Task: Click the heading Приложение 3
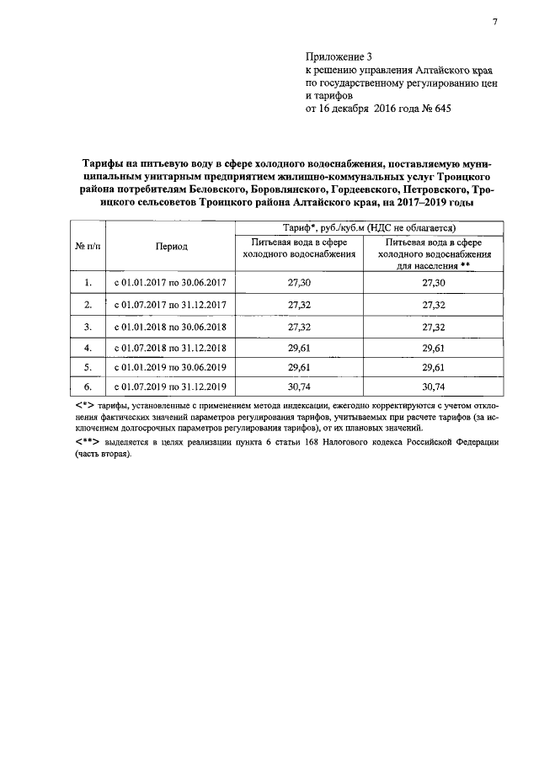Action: click(x=339, y=58)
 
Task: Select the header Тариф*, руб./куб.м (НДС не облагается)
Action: click(x=368, y=227)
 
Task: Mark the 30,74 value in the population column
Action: click(x=434, y=386)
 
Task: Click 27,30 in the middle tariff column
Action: click(x=300, y=284)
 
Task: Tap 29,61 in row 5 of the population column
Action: click(x=434, y=366)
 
